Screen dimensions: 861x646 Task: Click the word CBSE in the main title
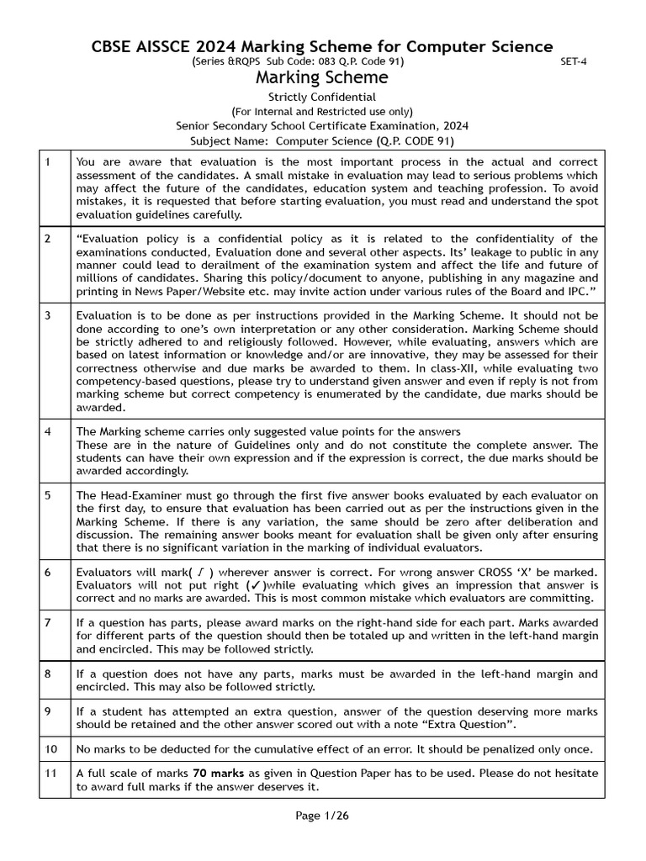click(x=113, y=47)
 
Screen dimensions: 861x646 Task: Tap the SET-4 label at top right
click(x=573, y=62)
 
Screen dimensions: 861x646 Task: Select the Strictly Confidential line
click(x=322, y=97)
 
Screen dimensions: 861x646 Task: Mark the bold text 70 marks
click(x=220, y=773)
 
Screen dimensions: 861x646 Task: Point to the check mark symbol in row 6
click(x=252, y=584)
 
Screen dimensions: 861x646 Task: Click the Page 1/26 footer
click(x=322, y=816)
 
